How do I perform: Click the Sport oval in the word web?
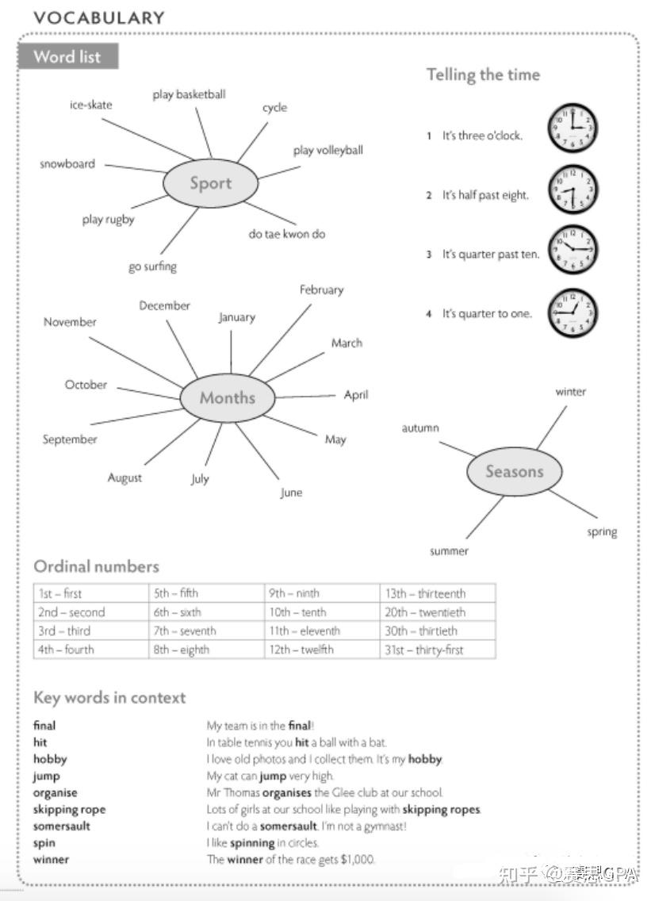(210, 183)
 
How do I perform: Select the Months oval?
(228, 397)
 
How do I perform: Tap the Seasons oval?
(514, 472)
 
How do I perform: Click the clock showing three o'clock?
(573, 128)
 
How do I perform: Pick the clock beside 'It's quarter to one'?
(573, 313)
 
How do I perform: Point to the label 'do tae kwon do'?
(286, 234)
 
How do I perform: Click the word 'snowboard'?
(67, 164)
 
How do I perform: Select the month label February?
(321, 289)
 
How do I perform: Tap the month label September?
(70, 439)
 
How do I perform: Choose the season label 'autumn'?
(420, 428)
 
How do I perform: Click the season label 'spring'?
(602, 532)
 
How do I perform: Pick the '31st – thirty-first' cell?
(424, 650)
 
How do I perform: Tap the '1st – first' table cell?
(60, 593)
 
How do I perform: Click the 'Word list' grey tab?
(67, 57)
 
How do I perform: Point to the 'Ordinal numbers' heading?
(96, 566)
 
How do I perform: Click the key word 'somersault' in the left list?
(62, 826)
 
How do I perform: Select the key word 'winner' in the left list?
(51, 859)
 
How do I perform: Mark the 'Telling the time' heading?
(483, 75)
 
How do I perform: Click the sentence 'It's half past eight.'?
(485, 195)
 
